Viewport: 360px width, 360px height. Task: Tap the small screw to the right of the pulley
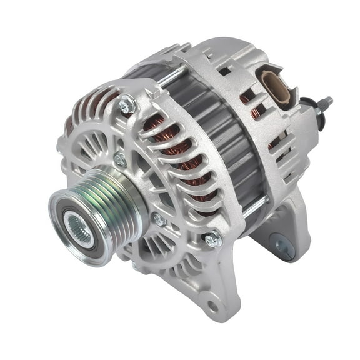pyautogui.click(x=159, y=219)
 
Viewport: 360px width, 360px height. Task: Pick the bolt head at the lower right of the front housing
pyautogui.click(x=212, y=238)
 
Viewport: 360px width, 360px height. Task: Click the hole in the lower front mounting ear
pyautogui.click(x=213, y=306)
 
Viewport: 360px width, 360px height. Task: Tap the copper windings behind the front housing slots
pyautogui.click(x=172, y=150)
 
